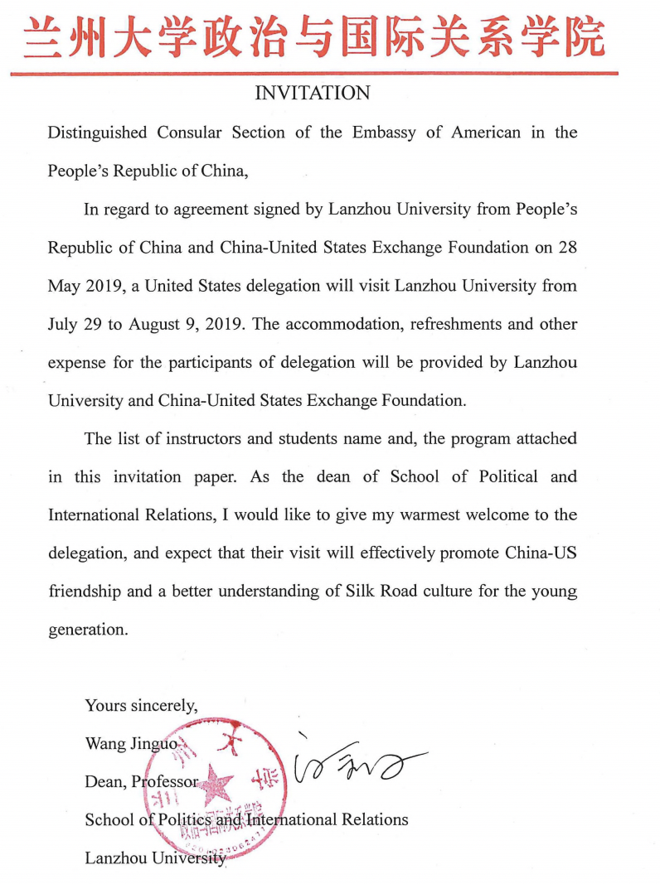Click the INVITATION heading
312,94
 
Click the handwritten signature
357,766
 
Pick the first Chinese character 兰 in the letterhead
44,37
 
